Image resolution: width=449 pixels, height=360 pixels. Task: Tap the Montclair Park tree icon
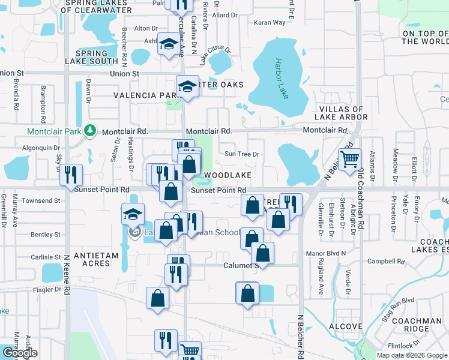89,130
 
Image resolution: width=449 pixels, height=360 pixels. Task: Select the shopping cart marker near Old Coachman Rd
349,159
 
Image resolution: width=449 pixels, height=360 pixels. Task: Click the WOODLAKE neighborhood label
228,175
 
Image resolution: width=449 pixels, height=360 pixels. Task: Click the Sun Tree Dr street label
241,154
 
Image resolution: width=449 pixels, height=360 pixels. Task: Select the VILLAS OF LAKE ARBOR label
342,113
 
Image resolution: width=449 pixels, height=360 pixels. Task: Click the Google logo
19,352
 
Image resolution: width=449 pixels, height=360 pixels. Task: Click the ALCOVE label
345,326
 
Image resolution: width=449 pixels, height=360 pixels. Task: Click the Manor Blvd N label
327,253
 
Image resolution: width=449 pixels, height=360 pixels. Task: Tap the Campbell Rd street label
384,262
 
